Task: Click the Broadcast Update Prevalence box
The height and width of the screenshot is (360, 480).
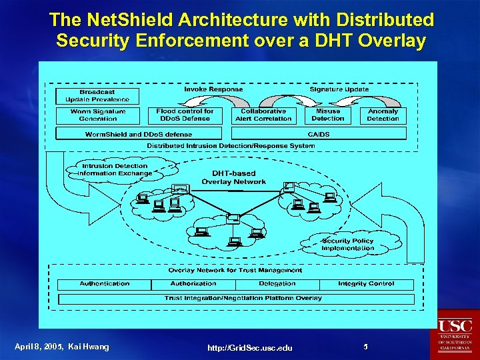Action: pyautogui.click(x=97, y=95)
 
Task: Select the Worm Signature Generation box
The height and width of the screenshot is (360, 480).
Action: pyautogui.click(x=98, y=115)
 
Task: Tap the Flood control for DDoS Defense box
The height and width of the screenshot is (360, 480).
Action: pyautogui.click(x=185, y=115)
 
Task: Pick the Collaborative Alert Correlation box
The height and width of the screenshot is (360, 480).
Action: pyautogui.click(x=263, y=115)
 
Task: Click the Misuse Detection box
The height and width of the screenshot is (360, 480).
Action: pyautogui.click(x=328, y=115)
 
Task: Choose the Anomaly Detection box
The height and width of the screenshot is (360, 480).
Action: pyautogui.click(x=383, y=115)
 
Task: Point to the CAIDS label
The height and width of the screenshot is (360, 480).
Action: pyautogui.click(x=319, y=134)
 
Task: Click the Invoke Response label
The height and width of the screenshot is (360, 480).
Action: pyautogui.click(x=213, y=89)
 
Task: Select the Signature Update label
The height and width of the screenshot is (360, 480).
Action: pyautogui.click(x=339, y=89)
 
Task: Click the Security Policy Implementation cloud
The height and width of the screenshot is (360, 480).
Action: pyautogui.click(x=347, y=244)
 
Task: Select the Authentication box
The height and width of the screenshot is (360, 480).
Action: pyautogui.click(x=105, y=283)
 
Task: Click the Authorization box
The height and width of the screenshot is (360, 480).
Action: pyautogui.click(x=193, y=283)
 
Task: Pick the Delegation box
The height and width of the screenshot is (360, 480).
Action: pyautogui.click(x=277, y=283)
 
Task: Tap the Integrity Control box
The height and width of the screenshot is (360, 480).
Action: pyautogui.click(x=366, y=283)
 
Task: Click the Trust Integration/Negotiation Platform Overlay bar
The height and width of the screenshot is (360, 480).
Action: pyautogui.click(x=243, y=298)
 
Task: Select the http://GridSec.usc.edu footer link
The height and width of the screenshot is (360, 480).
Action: pyautogui.click(x=249, y=348)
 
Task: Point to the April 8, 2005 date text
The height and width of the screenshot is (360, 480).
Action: pyautogui.click(x=39, y=347)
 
